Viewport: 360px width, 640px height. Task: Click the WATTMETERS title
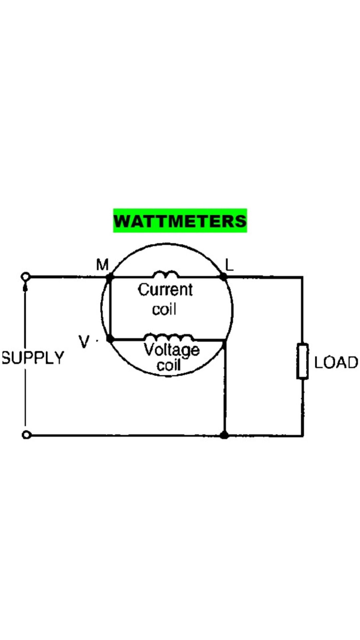180,221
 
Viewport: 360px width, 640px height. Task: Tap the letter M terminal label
102,265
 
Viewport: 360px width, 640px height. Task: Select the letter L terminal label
229,265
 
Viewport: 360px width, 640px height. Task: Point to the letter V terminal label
84,341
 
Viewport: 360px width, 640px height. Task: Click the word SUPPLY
33,358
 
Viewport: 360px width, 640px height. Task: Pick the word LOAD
336,362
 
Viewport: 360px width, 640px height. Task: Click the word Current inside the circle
165,289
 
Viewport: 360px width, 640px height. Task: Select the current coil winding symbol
166,274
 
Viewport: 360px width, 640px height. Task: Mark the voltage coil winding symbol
168,337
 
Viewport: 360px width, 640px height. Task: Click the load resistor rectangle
302,361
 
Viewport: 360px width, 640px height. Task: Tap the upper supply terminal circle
26,277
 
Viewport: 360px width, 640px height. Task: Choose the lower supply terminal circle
26,435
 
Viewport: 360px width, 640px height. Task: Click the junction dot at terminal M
109,277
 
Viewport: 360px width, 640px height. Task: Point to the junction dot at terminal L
223,277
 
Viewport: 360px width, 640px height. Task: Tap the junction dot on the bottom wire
225,435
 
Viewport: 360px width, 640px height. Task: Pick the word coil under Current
164,309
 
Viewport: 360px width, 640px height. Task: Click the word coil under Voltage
169,365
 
